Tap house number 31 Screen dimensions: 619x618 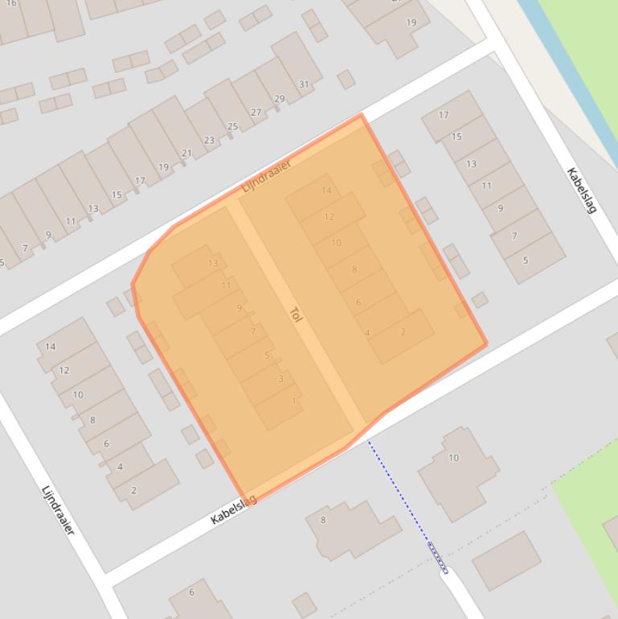click(304, 84)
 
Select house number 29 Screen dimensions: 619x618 click(280, 99)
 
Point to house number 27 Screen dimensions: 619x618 click(256, 113)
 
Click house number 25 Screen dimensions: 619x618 click(233, 126)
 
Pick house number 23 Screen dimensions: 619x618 click(210, 140)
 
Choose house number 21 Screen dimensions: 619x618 click(187, 154)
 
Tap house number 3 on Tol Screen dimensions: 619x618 click(280, 379)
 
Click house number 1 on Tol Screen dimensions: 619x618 click(294, 400)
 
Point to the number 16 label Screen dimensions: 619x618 click(11, 3)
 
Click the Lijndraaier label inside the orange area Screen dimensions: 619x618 click(266, 175)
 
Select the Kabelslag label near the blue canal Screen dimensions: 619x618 click(582, 190)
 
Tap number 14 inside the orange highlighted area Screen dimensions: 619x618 click(326, 191)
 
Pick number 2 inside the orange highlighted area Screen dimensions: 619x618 click(403, 331)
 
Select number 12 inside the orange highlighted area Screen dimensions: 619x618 click(329, 216)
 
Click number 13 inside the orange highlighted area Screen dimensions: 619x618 click(213, 263)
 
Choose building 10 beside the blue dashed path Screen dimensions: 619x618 click(453, 458)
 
